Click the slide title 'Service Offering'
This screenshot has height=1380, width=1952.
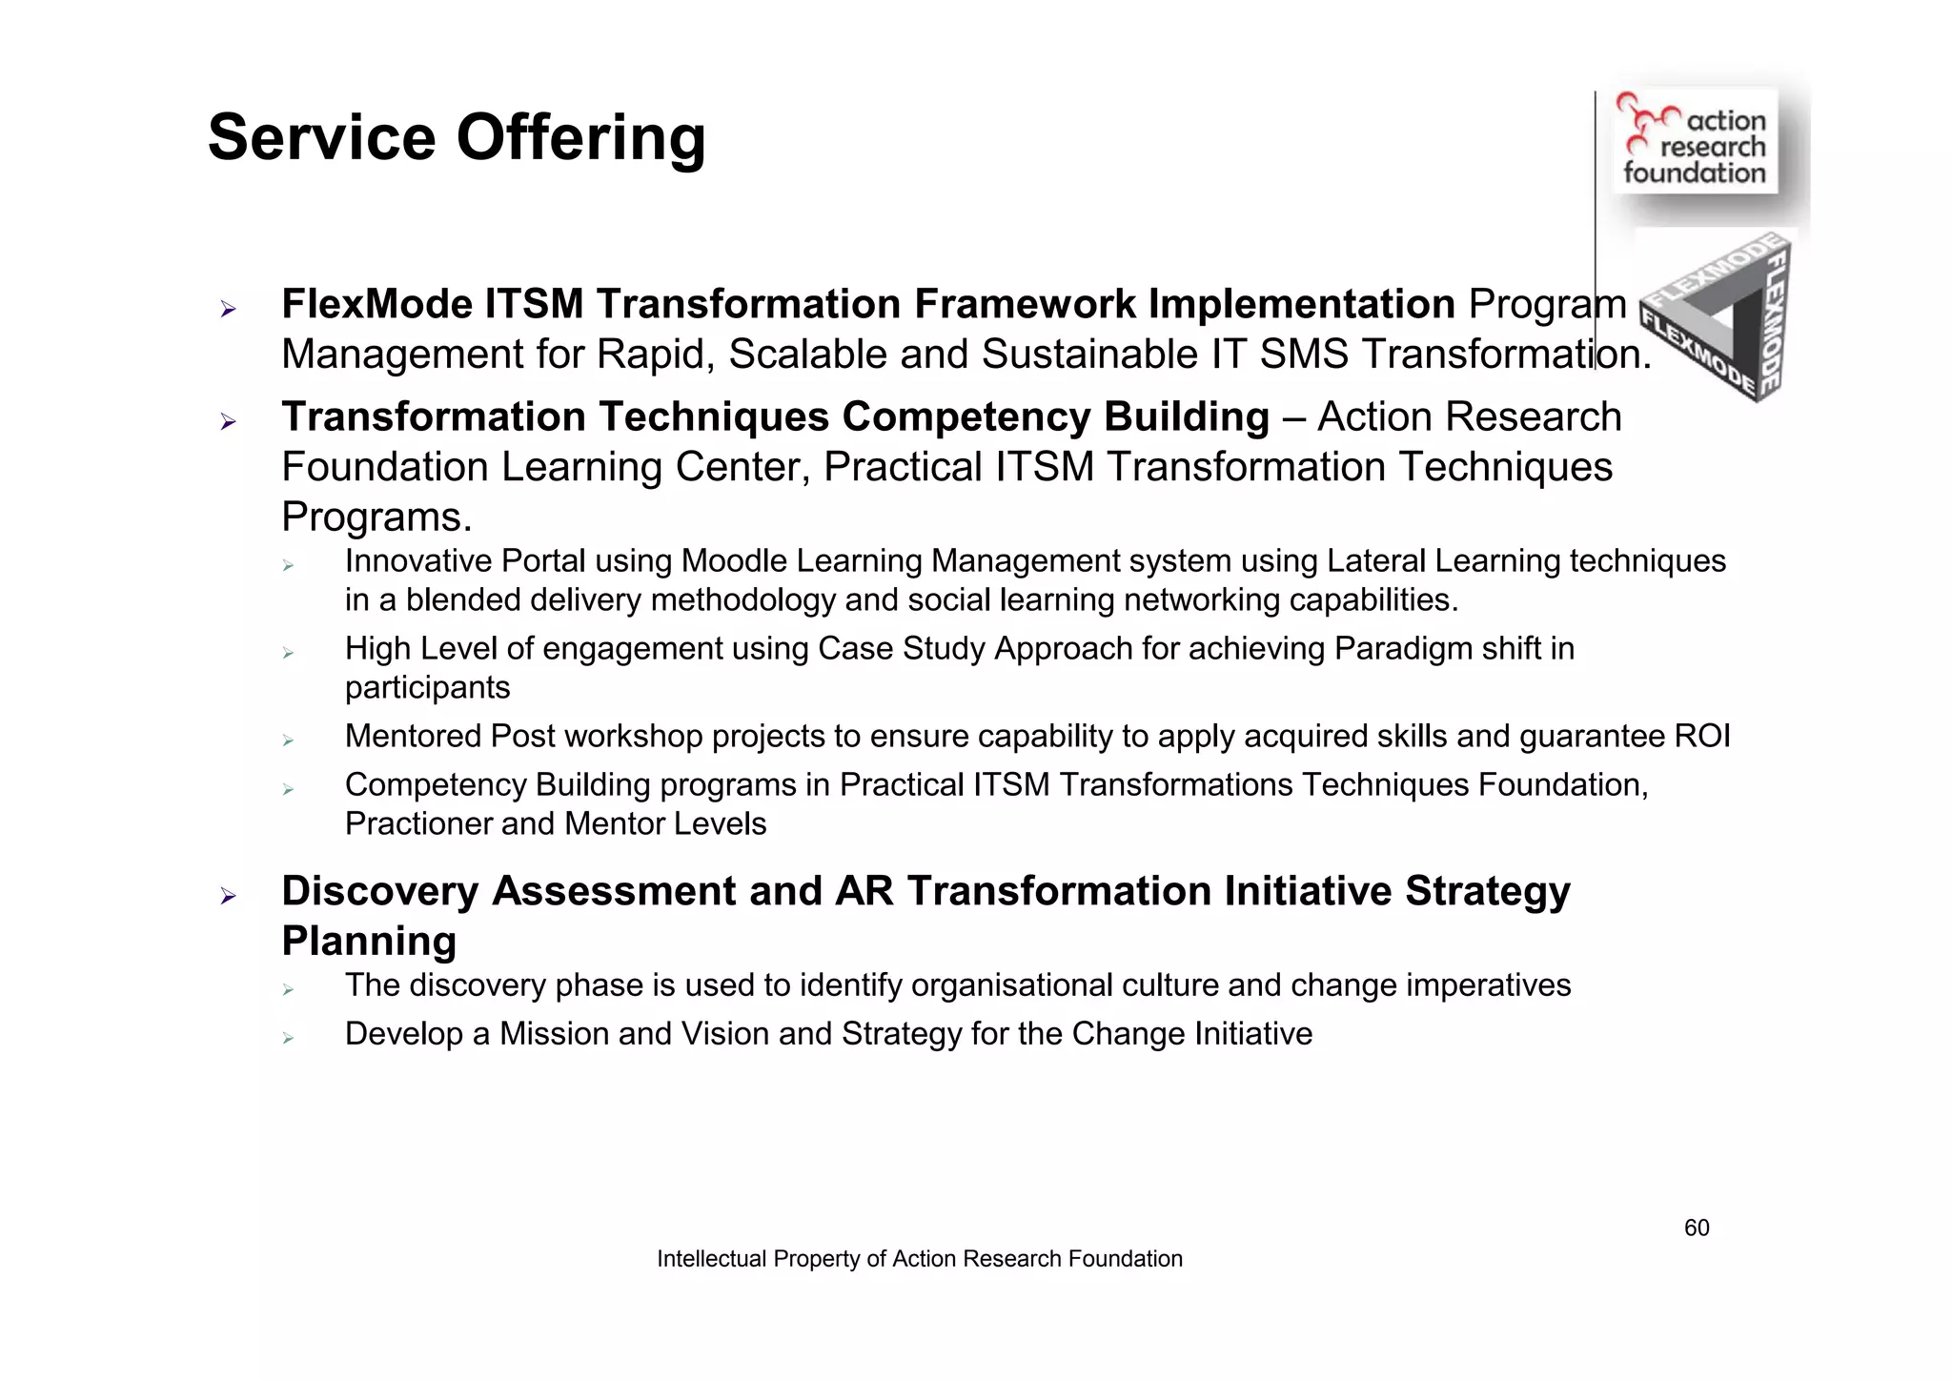tap(457, 138)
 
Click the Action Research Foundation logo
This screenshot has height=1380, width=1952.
tap(1695, 141)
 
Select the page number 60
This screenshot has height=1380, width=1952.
tap(1697, 1228)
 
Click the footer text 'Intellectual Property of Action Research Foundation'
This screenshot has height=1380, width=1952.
tap(919, 1259)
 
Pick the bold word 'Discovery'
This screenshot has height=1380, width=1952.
tap(379, 892)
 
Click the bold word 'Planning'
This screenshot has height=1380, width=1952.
tap(369, 942)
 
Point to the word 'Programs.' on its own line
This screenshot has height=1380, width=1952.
tap(376, 517)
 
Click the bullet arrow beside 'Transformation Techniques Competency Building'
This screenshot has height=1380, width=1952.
tap(228, 421)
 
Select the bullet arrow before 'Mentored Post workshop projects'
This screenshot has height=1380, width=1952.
tap(288, 741)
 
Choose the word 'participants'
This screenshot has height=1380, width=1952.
tap(427, 688)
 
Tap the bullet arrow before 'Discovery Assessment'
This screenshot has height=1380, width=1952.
tap(228, 896)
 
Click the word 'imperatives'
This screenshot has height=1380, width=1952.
tap(1488, 985)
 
